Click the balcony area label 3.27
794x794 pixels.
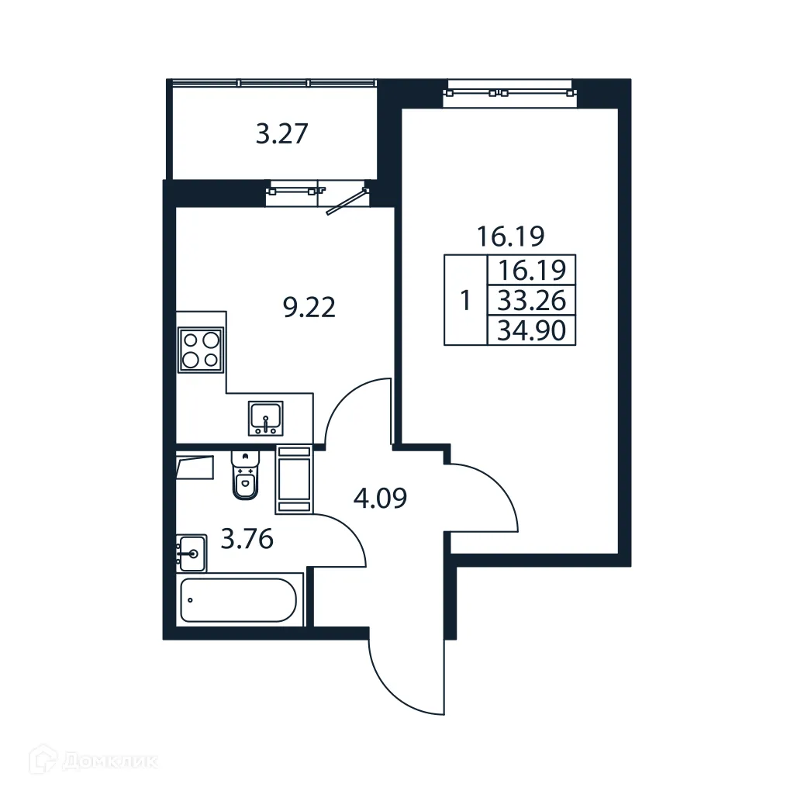[x=283, y=135]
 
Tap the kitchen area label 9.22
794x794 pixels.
[x=309, y=309]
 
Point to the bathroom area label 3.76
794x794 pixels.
[x=247, y=538]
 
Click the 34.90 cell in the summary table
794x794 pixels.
[x=532, y=331]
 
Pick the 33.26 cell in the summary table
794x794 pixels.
[x=532, y=299]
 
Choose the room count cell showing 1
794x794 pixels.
[x=465, y=300]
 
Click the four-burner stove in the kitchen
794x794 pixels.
[x=201, y=349]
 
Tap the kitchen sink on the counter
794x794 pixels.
[x=266, y=419]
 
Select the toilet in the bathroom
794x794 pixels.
[x=245, y=474]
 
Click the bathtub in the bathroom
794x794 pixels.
[x=238, y=599]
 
